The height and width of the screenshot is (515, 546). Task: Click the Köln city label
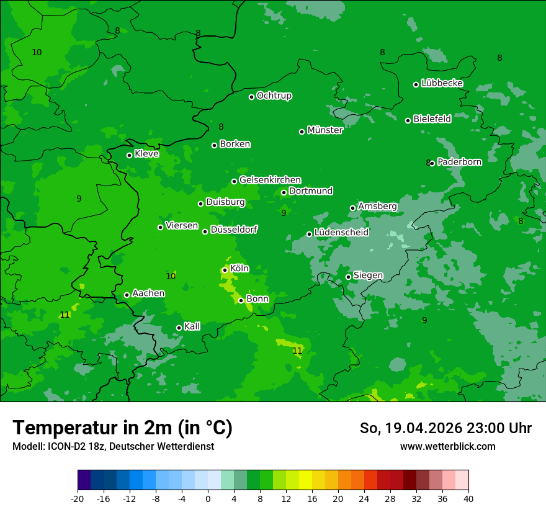239,269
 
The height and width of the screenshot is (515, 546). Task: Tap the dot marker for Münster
302,132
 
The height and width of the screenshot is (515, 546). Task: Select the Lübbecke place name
442,83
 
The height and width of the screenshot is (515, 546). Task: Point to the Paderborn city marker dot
432,163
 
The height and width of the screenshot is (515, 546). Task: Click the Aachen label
148,293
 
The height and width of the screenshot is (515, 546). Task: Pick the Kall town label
192,326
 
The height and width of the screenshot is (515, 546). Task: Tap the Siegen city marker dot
349,277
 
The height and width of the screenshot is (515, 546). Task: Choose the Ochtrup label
274,96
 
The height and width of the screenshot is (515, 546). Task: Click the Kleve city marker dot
130,155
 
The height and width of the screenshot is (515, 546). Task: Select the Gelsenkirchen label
270,180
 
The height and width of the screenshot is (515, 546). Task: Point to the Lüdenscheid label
341,233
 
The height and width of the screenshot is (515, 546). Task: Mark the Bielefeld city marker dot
408,120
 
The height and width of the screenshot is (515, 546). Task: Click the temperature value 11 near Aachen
65,315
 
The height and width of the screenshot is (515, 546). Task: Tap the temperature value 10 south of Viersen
171,276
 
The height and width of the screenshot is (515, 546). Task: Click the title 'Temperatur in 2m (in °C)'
122,428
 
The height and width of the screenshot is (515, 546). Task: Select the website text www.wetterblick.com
447,446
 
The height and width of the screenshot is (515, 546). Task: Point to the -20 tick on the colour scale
78,498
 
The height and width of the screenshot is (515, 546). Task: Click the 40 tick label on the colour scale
468,498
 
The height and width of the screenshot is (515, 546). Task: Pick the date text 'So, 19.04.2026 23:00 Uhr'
445,428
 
